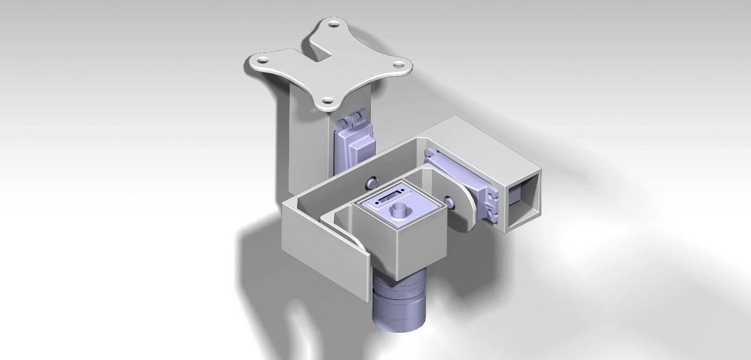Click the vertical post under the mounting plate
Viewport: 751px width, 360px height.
[308, 142]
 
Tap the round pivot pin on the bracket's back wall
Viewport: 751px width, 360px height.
[373, 181]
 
